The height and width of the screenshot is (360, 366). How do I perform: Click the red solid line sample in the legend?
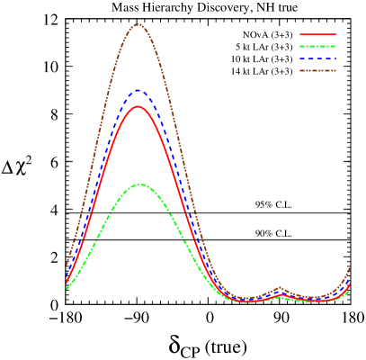[x=317, y=34]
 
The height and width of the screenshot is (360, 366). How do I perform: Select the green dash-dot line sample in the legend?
[x=317, y=46]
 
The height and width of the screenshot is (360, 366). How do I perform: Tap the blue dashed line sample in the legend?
[x=317, y=58]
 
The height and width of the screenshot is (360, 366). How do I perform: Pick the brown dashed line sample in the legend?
[x=317, y=70]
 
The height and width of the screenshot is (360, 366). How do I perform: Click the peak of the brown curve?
[x=138, y=24]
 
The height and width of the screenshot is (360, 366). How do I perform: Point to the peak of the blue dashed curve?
[x=138, y=90]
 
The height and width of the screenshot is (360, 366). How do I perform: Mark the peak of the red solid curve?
[x=138, y=106]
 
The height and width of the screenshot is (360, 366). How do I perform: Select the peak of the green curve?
[x=140, y=184]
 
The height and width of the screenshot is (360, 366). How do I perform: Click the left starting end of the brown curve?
[x=67, y=262]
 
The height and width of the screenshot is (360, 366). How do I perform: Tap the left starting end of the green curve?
[x=67, y=288]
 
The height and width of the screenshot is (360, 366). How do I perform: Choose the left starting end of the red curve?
[x=67, y=280]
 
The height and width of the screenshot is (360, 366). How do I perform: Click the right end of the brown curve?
[x=350, y=268]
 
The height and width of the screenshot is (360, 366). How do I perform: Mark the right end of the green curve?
[x=350, y=290]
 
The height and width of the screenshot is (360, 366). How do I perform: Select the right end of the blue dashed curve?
[x=350, y=278]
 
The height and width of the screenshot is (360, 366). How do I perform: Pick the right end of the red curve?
[x=350, y=285]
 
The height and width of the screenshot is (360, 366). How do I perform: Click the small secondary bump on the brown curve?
[x=279, y=289]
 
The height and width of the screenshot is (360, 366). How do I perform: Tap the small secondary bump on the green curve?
[x=279, y=297]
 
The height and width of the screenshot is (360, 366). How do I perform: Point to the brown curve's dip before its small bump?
[x=247, y=298]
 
